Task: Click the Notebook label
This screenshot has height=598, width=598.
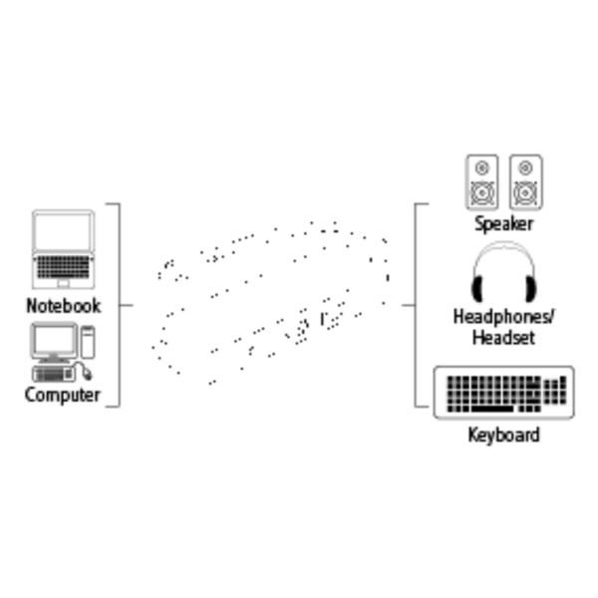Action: click(64, 306)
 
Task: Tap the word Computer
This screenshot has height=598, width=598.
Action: click(63, 395)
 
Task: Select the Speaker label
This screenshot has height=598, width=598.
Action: click(503, 224)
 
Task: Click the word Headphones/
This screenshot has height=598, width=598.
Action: click(503, 317)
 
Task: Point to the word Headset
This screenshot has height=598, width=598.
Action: click(503, 338)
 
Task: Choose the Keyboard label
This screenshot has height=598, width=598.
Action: click(503, 436)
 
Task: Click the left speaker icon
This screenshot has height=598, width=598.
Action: click(482, 182)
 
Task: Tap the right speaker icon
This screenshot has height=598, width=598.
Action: click(526, 182)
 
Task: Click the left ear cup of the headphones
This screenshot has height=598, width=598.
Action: click(477, 289)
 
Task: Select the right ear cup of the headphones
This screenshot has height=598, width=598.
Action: click(530, 289)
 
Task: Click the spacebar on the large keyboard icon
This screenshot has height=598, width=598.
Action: click(492, 409)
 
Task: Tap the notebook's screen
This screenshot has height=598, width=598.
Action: click(64, 231)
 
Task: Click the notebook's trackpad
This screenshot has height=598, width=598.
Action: click(64, 283)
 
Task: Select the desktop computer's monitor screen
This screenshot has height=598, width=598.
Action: click(54, 341)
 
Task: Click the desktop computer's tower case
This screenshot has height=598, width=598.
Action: click(88, 342)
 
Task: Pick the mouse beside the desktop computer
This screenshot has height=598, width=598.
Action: click(88, 374)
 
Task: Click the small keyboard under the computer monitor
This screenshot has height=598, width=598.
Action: click(53, 374)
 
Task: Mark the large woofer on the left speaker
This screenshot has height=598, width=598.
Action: click(482, 193)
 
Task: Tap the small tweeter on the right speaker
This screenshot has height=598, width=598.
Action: click(526, 167)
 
